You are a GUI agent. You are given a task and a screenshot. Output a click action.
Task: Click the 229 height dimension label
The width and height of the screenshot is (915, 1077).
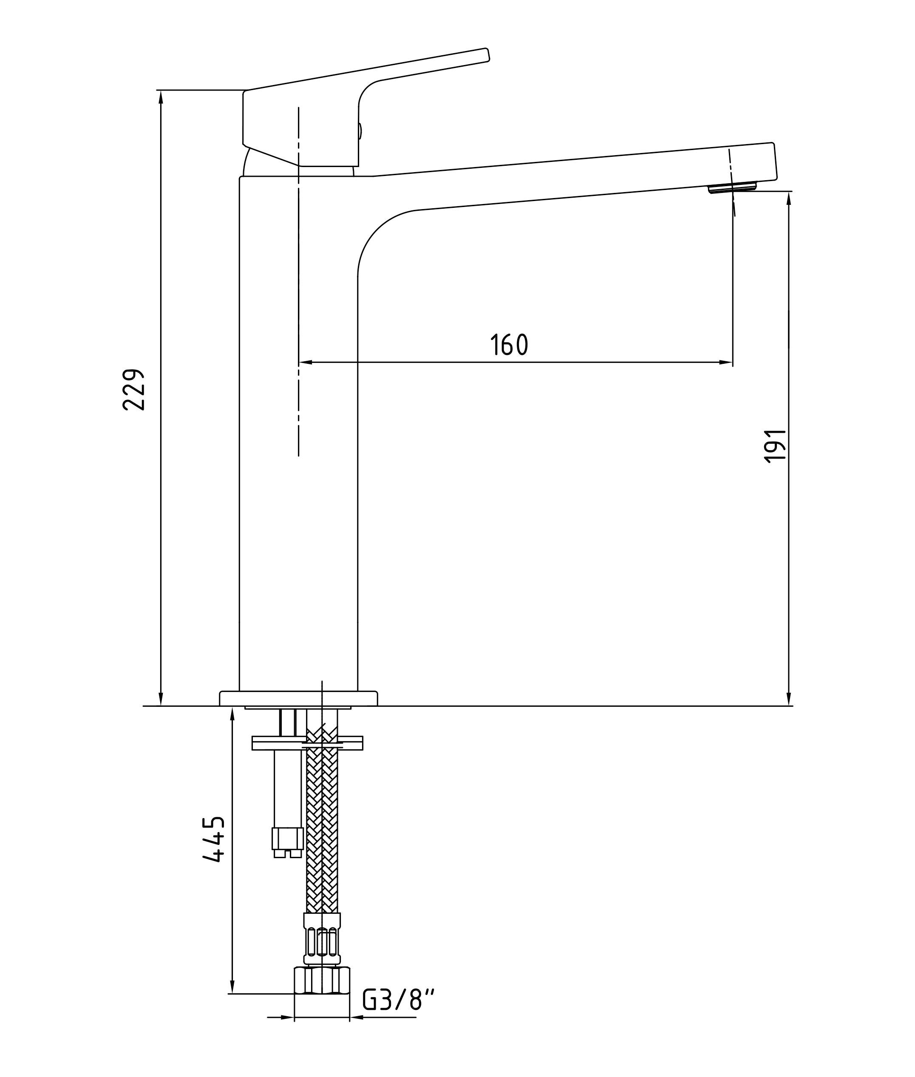133,390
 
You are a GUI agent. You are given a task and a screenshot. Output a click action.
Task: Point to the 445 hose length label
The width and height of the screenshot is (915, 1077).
214,839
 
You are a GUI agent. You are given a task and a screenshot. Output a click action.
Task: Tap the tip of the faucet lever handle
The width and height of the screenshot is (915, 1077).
487,54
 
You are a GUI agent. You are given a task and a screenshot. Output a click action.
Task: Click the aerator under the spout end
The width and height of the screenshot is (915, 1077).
732,187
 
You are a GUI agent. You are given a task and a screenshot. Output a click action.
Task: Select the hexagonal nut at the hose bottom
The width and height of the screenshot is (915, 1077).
322,980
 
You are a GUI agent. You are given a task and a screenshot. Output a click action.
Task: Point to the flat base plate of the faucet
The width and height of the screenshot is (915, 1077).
298,698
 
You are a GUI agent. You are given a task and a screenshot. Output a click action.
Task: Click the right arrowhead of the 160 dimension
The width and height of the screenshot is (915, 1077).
726,362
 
